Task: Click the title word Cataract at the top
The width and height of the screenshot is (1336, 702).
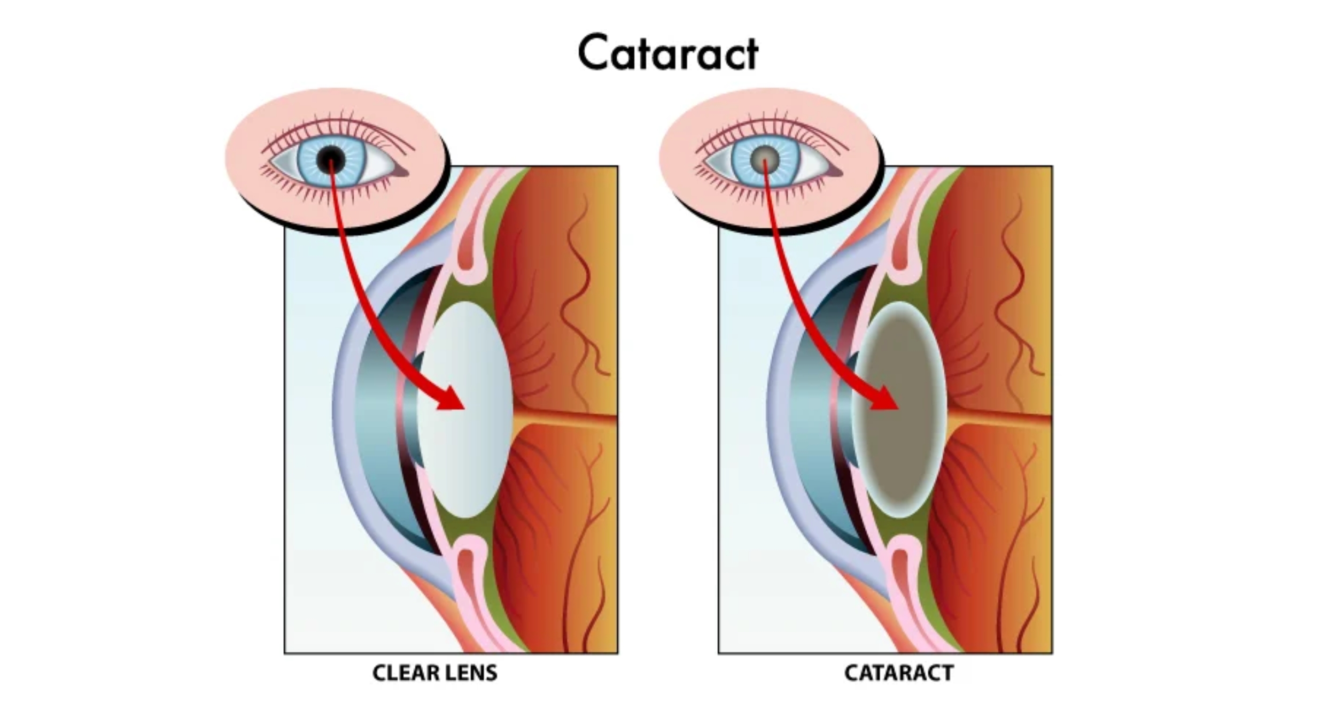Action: [x=668, y=52]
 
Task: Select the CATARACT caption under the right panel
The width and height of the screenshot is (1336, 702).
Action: [x=899, y=673]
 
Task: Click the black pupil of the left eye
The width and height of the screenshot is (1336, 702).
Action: [x=331, y=158]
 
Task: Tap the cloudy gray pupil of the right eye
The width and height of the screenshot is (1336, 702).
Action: [x=765, y=158]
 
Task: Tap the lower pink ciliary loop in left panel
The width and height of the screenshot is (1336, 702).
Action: [x=470, y=572]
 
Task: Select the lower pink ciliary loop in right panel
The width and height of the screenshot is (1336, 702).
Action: [x=904, y=572]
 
